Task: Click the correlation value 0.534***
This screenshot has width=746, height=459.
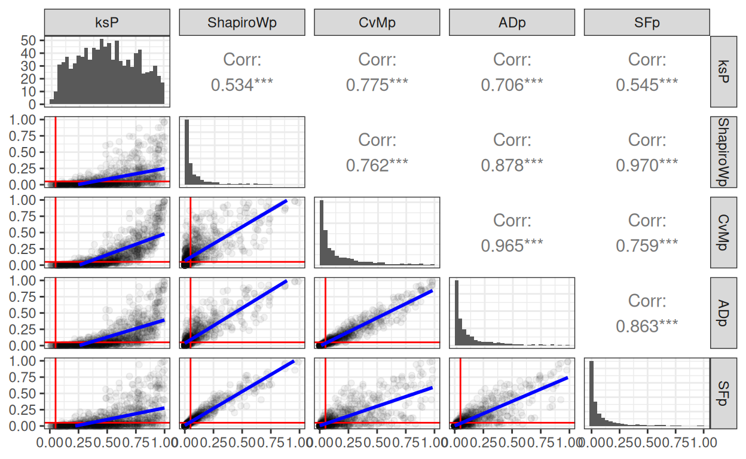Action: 242,85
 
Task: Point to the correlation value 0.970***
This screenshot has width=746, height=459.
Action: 647,165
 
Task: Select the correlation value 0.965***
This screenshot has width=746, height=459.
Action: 512,246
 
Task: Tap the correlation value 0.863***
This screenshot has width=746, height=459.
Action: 647,326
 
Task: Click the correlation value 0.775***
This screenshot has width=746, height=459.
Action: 377,85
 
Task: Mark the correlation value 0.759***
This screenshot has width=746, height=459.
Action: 647,246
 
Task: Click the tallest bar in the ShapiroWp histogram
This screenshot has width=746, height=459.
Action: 186,152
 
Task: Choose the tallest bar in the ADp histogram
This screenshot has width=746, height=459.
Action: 457,313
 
